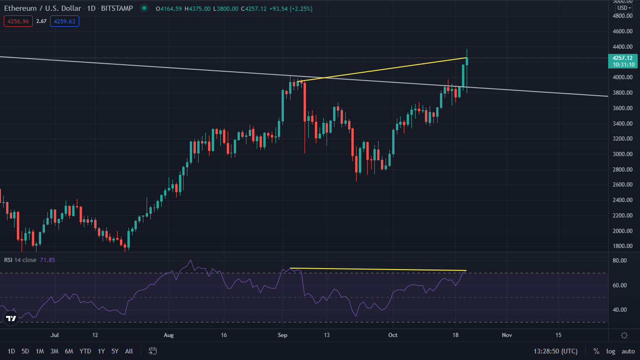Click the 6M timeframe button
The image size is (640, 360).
click(69, 351)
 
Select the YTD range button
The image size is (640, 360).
click(85, 351)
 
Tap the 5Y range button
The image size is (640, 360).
click(115, 351)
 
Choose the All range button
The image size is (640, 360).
click(129, 351)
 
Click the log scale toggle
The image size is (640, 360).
click(610, 351)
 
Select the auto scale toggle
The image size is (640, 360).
click(628, 351)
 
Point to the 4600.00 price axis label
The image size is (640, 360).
click(622, 31)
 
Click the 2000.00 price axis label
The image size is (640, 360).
click(622, 231)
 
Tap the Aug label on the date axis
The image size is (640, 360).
click(169, 335)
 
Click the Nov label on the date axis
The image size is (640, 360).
click(506, 335)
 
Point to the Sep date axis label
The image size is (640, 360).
click(282, 335)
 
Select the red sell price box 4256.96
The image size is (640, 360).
click(18, 21)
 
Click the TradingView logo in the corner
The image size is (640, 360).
click(10, 319)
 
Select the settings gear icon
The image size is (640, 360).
click(624, 335)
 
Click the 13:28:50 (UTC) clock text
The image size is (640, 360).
click(555, 351)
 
